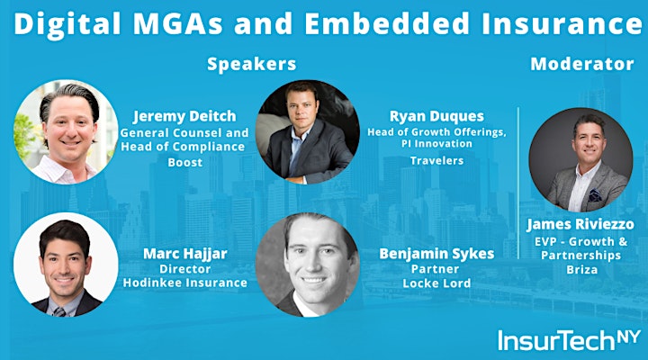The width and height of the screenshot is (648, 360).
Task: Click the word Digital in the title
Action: [x=67, y=24]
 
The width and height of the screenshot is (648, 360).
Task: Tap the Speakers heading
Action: [x=252, y=64]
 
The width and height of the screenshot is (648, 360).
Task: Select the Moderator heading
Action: [x=582, y=64]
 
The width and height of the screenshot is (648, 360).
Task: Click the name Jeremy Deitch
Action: [x=184, y=116]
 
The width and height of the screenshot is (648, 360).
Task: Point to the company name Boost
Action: [x=185, y=162]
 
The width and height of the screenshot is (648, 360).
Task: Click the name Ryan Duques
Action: [x=436, y=117]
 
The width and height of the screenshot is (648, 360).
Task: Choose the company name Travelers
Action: [x=436, y=160]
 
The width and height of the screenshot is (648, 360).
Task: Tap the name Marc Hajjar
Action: [x=185, y=254]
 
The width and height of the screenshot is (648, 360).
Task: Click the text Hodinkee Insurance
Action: [x=185, y=283]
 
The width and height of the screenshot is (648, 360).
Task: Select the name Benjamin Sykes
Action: [x=436, y=254]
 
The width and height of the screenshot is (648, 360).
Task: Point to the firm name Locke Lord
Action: [x=436, y=283]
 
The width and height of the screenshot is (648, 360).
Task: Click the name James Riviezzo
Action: [x=580, y=224]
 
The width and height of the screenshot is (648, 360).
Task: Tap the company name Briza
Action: [x=582, y=270]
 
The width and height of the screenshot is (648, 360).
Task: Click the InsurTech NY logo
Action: [x=569, y=339]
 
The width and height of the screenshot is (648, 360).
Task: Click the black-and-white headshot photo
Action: [x=308, y=265]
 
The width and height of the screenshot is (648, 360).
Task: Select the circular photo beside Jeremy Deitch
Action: [x=66, y=131]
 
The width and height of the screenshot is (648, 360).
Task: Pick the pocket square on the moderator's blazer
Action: [x=595, y=195]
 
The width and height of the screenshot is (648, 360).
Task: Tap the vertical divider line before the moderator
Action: [x=518, y=183]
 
